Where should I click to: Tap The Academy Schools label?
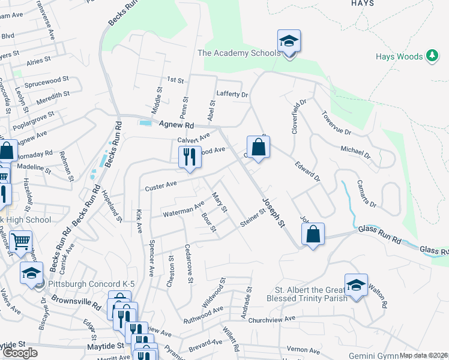click(x=240, y=53)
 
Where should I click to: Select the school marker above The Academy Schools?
click(x=289, y=42)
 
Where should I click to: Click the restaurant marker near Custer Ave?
click(x=190, y=158)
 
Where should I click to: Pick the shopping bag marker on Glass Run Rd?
click(x=313, y=235)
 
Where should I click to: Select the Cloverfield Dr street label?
click(x=295, y=116)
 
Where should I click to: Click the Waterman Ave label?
click(x=184, y=211)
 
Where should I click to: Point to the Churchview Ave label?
click(x=273, y=319)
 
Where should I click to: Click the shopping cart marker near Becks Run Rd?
click(x=21, y=242)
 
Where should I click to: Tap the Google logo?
click(x=20, y=353)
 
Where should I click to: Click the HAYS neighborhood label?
click(x=363, y=3)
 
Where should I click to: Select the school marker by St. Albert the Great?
click(x=356, y=285)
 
